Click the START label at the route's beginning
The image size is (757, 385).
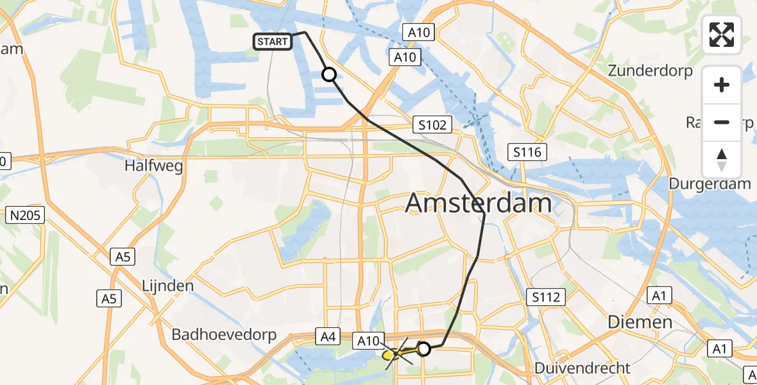click(x=273, y=42)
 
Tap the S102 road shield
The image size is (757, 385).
click(x=432, y=124)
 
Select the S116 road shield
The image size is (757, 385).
click(x=527, y=152)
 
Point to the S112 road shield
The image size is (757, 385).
click(x=547, y=297)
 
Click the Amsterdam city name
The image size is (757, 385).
click(x=479, y=203)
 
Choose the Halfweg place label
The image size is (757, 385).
click(x=154, y=166)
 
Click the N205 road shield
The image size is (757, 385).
click(x=26, y=216)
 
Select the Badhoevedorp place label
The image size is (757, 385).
click(x=224, y=335)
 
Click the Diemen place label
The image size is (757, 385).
click(x=640, y=321)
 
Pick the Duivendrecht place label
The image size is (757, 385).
click(x=583, y=368)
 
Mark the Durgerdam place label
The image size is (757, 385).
click(x=710, y=184)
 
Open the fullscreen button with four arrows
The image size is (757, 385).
click(x=722, y=35)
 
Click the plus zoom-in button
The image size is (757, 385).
click(x=722, y=85)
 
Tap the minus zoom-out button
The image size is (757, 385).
click(x=722, y=122)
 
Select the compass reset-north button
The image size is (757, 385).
click(x=722, y=160)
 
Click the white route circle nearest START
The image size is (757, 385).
click(x=329, y=75)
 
